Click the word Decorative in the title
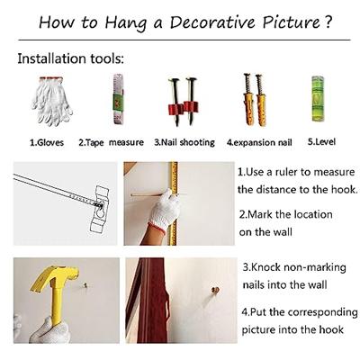point(212,22)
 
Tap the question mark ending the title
point(328,22)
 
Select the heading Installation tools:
point(70,58)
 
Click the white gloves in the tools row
point(51,101)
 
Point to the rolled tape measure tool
point(118,99)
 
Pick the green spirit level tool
point(318,98)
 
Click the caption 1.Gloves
point(47,142)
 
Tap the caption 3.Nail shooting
point(184,142)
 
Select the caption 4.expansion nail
point(259,142)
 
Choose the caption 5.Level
point(321,141)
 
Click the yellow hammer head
point(54,278)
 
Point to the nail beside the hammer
point(85,285)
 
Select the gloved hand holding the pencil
point(165,207)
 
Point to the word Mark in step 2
point(261,214)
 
